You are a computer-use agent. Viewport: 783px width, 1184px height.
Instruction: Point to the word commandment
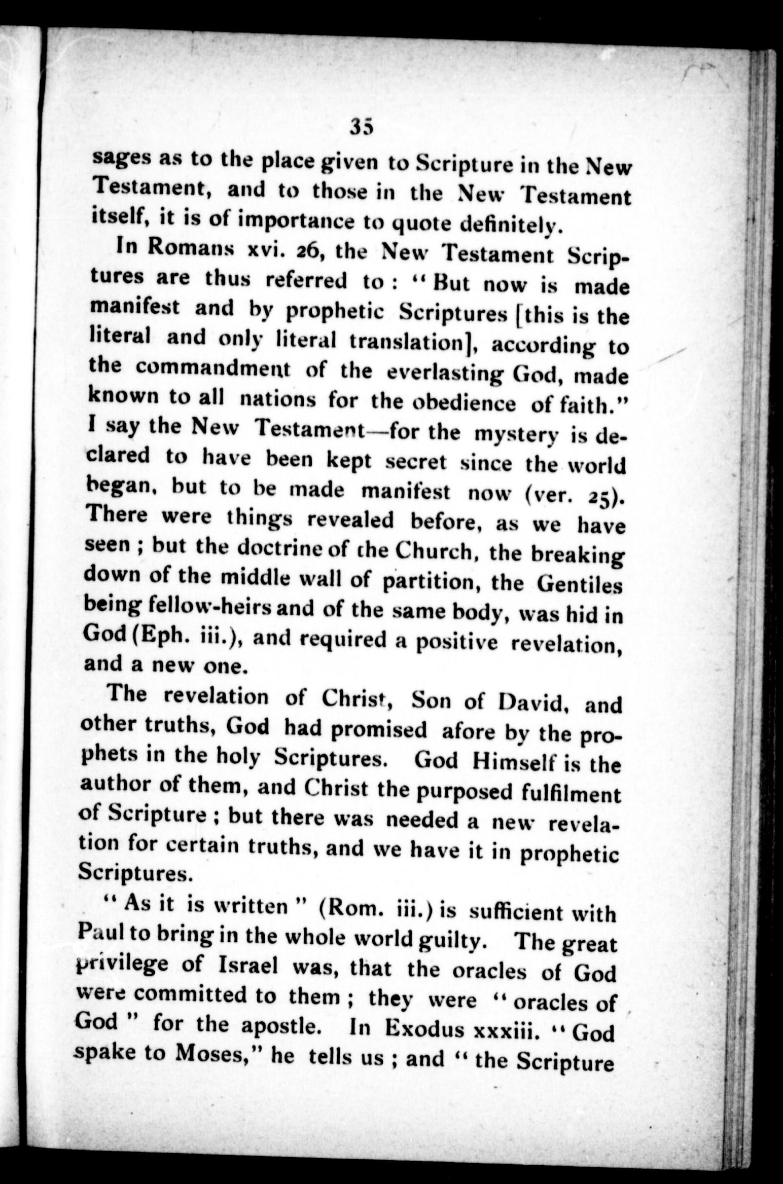pyautogui.click(x=205, y=371)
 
